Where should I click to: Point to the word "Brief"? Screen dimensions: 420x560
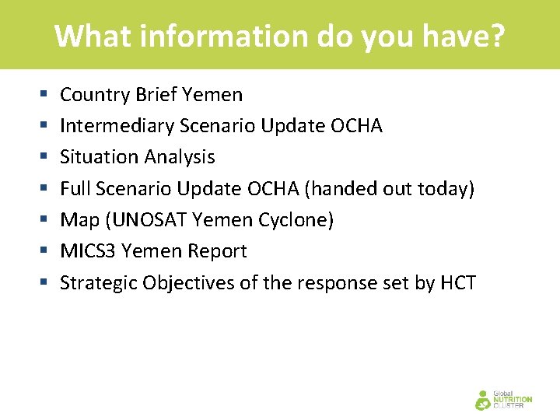[156, 95]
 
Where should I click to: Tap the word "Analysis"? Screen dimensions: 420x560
[178, 157]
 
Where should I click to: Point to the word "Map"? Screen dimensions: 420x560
[79, 220]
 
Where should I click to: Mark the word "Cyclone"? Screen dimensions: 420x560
[296, 220]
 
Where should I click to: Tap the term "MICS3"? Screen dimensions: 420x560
[85, 251]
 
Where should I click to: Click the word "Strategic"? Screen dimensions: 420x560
[98, 282]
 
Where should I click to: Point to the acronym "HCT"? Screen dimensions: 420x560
[458, 282]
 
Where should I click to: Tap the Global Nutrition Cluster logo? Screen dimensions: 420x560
[503, 398]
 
